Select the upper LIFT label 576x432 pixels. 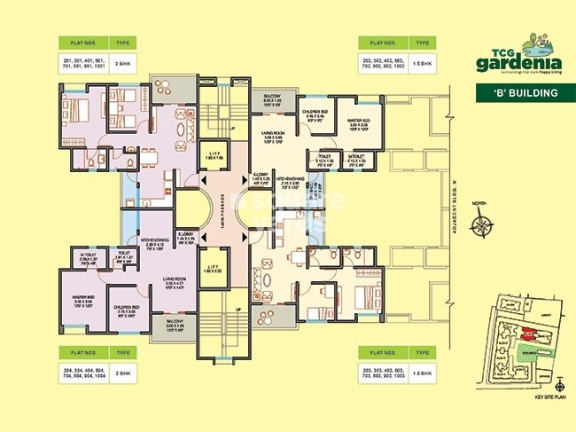tap(214, 155)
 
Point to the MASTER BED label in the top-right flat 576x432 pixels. tap(355, 122)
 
